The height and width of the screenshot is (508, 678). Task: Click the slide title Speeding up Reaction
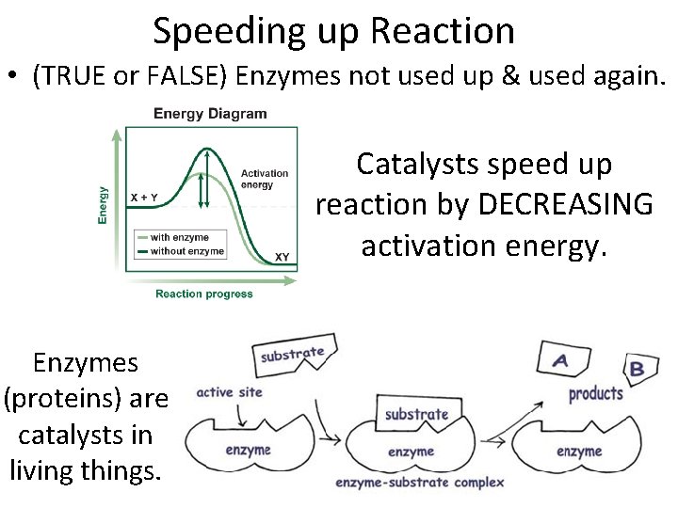click(333, 31)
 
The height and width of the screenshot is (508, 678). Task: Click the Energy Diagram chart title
click(210, 114)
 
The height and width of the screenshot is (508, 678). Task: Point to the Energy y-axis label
click(103, 204)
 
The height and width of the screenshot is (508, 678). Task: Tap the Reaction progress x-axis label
click(204, 294)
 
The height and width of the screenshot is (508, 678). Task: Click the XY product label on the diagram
click(282, 257)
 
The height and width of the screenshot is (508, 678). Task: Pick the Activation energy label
click(265, 179)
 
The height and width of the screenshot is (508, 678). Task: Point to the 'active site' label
click(229, 392)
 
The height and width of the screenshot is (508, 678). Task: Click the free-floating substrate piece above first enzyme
click(293, 355)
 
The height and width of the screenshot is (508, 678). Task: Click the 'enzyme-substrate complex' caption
click(420, 483)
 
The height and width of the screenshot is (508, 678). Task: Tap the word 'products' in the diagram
click(595, 393)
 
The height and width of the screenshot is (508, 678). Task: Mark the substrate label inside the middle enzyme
click(416, 414)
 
